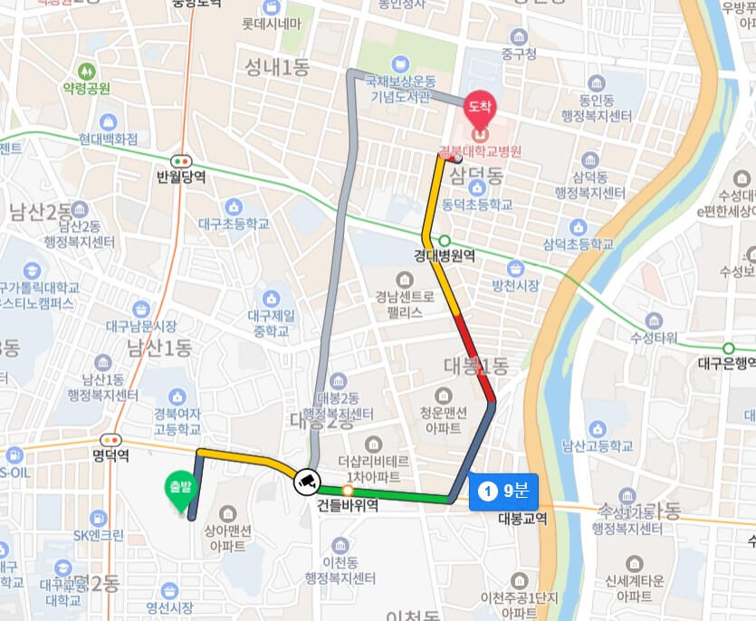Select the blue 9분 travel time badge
pyautogui.click(x=504, y=492)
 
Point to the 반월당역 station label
pyautogui.click(x=181, y=177)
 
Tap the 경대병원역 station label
pyautogui.click(x=445, y=256)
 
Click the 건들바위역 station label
pyautogui.click(x=347, y=508)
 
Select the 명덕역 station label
pyautogui.click(x=110, y=455)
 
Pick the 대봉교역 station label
pyautogui.click(x=522, y=519)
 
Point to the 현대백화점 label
pyautogui.click(x=108, y=139)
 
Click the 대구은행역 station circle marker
pyautogui.click(x=728, y=349)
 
